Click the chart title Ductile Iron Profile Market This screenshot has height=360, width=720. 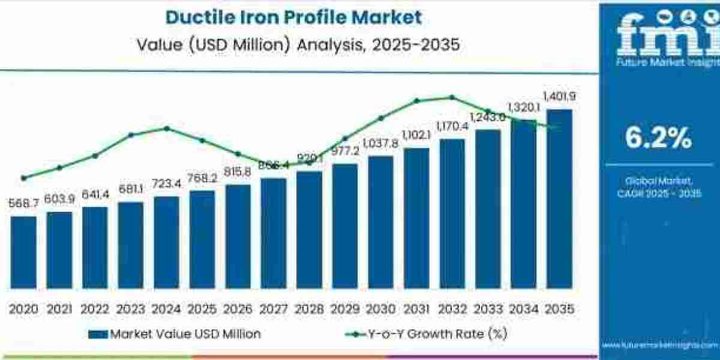click(293, 17)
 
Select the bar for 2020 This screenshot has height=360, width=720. click(23, 252)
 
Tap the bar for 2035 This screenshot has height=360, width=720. click(559, 198)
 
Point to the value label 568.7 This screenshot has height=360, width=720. click(23, 204)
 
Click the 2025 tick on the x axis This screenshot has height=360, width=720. click(202, 309)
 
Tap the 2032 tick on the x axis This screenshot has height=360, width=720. click(452, 309)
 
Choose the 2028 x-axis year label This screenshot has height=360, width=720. click(309, 309)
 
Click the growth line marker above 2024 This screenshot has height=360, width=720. click(167, 128)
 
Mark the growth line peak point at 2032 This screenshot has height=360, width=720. click(452, 97)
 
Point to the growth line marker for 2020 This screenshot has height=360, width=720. click(23, 178)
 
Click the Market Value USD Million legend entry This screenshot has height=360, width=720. click(174, 334)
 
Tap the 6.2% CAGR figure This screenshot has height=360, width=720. click(658, 139)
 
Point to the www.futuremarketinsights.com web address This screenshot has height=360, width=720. click(659, 346)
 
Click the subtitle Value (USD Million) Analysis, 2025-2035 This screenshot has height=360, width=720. click(293, 44)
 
